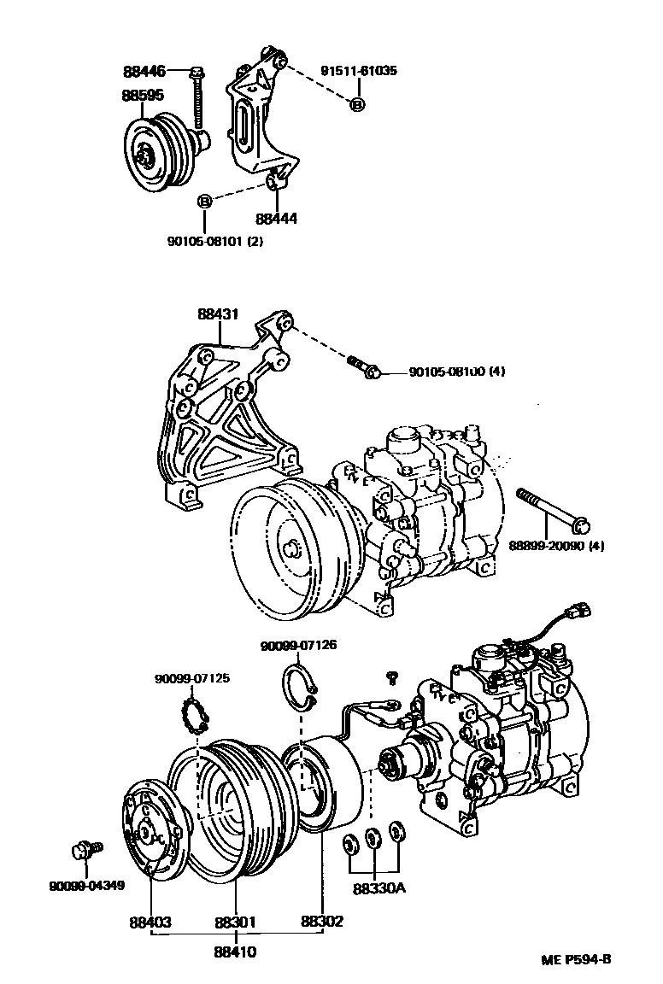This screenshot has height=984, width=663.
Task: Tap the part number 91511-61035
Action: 359,71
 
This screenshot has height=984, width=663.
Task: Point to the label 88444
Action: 276,219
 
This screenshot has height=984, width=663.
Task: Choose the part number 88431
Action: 218,314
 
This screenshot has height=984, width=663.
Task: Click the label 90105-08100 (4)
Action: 458,372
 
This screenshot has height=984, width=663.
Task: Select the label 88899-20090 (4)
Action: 556,545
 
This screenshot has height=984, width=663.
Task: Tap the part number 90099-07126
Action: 299,645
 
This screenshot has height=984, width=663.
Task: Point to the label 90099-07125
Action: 191,678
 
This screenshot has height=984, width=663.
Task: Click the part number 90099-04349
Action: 86,885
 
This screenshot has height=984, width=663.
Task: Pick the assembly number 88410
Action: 236,952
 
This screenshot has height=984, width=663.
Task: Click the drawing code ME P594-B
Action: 576,958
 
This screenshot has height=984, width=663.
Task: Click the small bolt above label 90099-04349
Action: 83,851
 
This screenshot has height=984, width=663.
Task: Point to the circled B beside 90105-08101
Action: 204,202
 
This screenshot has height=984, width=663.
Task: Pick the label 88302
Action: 322,922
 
